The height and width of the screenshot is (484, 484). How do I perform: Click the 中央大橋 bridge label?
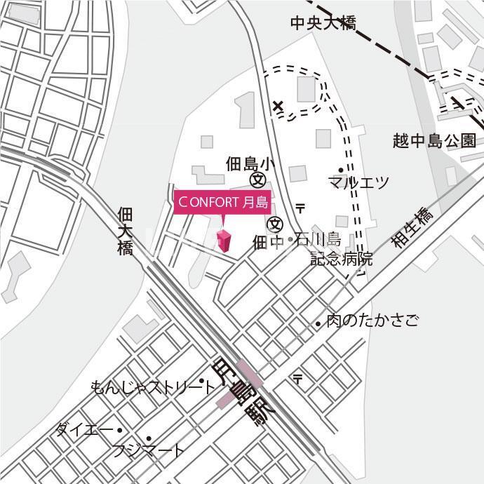coord(323,23)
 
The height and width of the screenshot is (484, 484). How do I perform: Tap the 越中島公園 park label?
coord(435,141)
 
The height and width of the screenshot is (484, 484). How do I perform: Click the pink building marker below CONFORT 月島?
coord(224,241)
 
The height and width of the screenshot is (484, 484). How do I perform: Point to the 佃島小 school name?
coord(248,164)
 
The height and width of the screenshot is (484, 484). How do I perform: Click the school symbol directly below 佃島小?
coord(257,180)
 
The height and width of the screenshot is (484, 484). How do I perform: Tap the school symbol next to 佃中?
coord(276,224)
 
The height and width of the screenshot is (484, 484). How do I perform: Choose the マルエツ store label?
coord(358,183)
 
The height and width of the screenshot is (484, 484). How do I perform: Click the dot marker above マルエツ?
coord(341,170)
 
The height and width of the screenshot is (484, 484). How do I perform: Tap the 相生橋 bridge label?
coord(413,227)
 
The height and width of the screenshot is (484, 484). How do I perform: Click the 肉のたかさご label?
coord(372,321)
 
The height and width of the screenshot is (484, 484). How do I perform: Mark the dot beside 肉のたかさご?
coord(318,323)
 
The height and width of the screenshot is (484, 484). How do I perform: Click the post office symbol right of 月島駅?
coord(298,379)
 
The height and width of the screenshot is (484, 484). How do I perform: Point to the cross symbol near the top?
coord(278,107)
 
